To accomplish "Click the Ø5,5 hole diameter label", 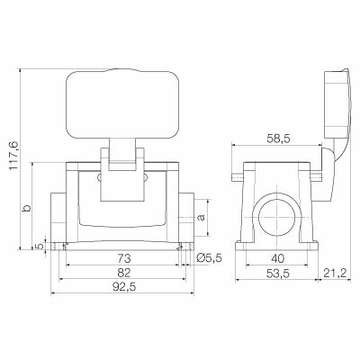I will click(x=209, y=258).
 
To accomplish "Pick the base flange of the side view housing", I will click(x=274, y=246).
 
